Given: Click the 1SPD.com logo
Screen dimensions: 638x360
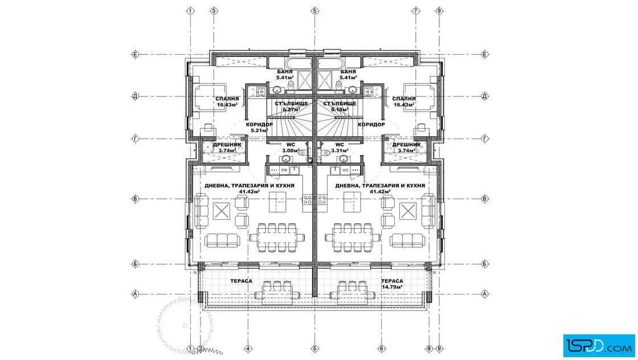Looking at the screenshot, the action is coord(599,346).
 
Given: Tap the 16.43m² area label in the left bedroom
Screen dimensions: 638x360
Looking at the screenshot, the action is coord(227,105).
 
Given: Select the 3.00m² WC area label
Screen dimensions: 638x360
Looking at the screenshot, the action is coord(290,150).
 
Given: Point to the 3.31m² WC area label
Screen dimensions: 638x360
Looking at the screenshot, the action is coord(340,150).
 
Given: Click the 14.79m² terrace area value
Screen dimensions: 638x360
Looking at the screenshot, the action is coord(392,287).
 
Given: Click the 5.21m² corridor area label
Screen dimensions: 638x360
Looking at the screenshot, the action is coord(259,130).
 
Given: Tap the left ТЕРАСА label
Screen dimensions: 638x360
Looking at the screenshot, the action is coord(242,281).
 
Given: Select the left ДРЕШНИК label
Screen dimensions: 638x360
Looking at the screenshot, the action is coord(227,145).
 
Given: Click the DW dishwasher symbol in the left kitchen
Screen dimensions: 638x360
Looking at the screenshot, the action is coord(284,170).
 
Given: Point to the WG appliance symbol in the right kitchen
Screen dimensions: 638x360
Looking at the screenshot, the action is coord(345,170).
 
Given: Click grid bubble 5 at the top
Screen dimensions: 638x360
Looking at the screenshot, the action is coord(314,11).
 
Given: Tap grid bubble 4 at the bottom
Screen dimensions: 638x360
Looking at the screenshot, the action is coord(248,349).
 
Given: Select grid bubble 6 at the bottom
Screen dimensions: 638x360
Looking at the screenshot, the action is coord(381,349).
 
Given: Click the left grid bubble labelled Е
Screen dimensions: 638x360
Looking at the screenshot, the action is coord(136,55).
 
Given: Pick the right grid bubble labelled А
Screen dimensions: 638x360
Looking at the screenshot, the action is coord(485,294).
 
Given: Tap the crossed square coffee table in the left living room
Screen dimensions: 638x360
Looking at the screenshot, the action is coord(222,211).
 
